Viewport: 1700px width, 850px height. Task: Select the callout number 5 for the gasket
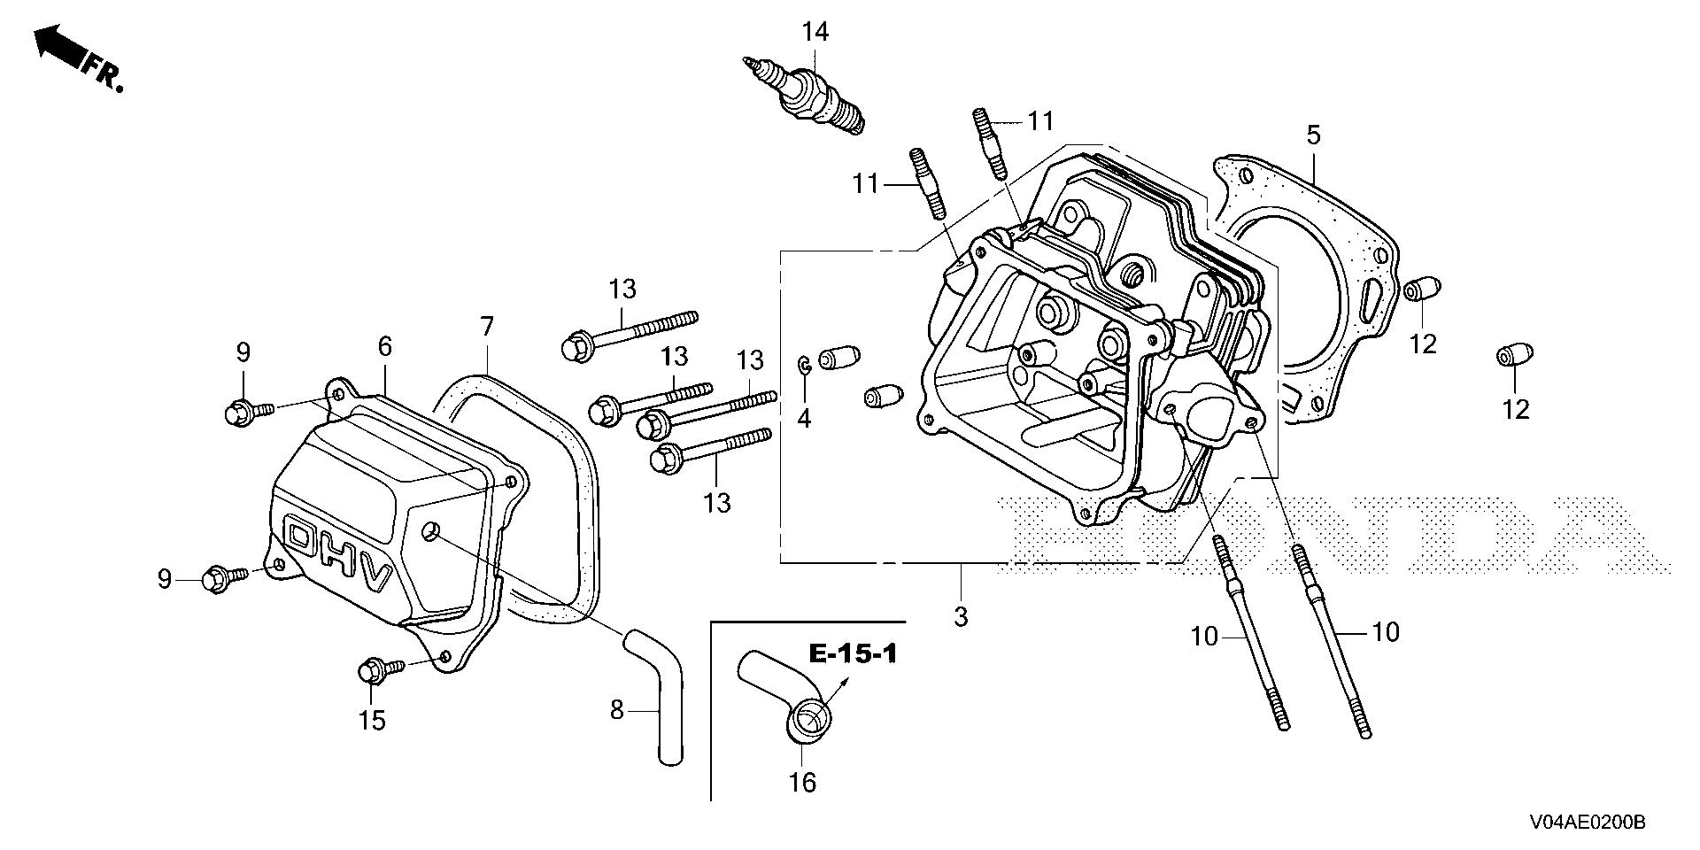(1313, 135)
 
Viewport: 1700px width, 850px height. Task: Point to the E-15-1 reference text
(853, 654)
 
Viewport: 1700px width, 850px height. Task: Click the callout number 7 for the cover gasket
(487, 327)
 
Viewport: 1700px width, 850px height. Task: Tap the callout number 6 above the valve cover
(385, 346)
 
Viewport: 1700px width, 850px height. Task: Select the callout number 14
(815, 33)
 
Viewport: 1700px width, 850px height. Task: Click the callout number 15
(373, 721)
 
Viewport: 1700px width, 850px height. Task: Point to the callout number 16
(803, 782)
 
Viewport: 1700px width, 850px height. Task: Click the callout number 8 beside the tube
(617, 709)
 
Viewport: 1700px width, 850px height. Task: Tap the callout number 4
(804, 418)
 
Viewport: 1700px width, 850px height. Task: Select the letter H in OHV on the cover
(342, 558)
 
